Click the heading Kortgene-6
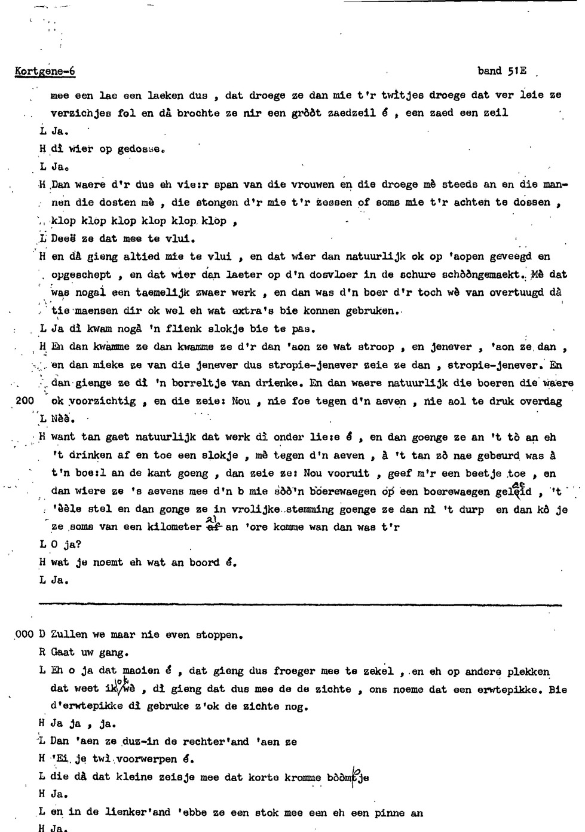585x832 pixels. coord(45,72)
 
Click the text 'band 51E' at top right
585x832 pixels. coord(502,71)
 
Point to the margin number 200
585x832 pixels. coord(24,400)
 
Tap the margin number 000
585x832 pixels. coord(24,635)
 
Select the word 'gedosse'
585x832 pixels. coord(140,149)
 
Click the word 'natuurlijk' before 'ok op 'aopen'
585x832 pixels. coord(376,257)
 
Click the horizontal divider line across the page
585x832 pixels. coord(299,605)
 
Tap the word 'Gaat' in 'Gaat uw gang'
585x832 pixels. coord(63,653)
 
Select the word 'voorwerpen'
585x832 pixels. coord(147,759)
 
